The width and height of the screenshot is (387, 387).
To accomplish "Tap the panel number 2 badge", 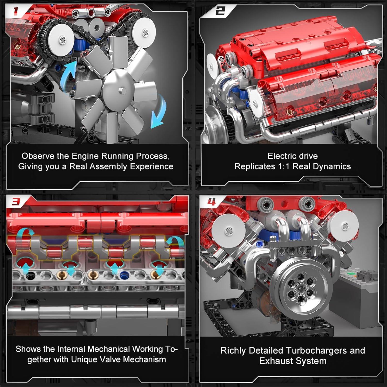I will pyautogui.click(x=220, y=11).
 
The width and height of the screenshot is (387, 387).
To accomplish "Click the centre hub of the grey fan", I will pyautogui.click(x=120, y=90).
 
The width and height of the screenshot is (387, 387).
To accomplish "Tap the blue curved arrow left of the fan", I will pyautogui.click(x=68, y=75).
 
